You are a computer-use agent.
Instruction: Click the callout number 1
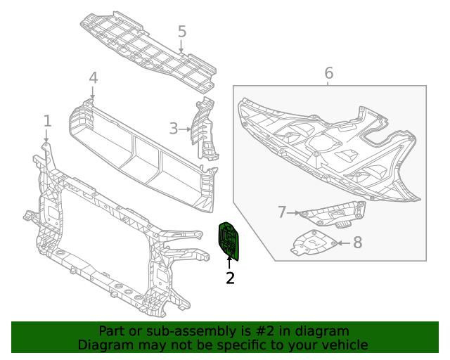tap(47, 120)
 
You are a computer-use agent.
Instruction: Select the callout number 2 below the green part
tap(230, 278)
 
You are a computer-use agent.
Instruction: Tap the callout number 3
tap(174, 129)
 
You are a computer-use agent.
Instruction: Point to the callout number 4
tap(94, 79)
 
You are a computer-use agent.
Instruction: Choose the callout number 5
tap(182, 32)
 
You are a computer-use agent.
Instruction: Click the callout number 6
tap(328, 72)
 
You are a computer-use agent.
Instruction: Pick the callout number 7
tap(282, 212)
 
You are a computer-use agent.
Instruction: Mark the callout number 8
tap(357, 243)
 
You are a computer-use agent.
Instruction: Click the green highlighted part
tap(229, 240)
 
